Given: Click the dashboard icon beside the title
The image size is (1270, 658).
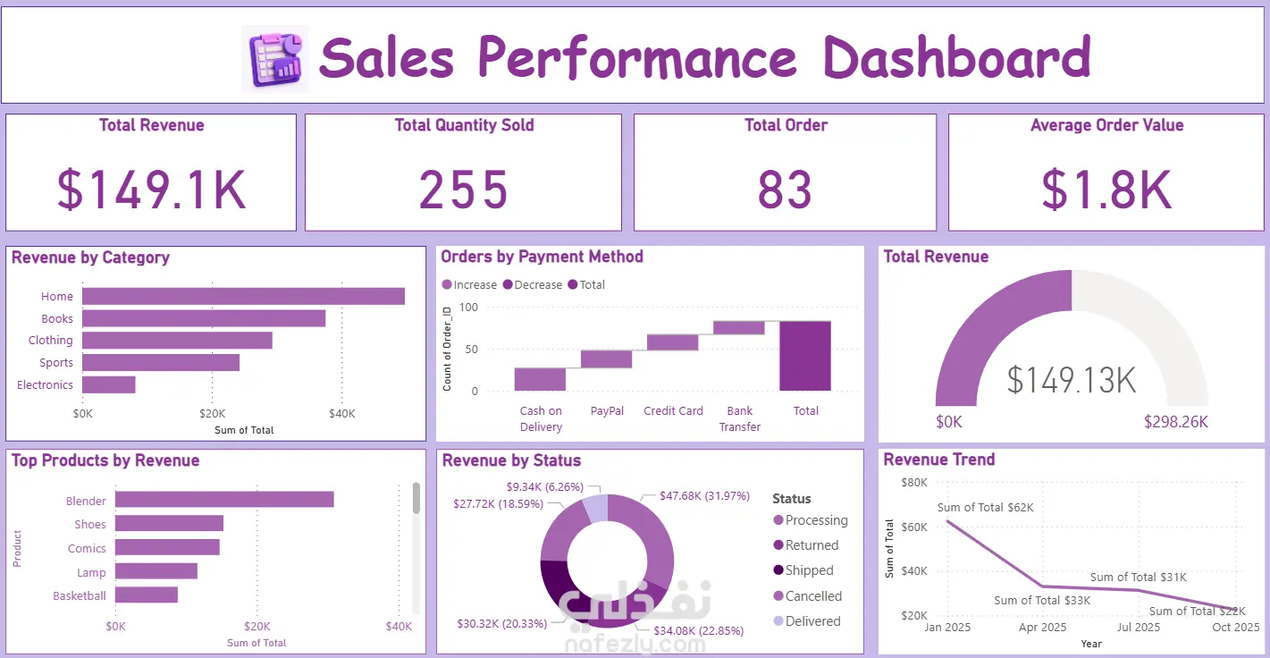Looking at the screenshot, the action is (x=275, y=58).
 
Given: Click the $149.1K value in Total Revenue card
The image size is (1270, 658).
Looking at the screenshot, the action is (x=151, y=190).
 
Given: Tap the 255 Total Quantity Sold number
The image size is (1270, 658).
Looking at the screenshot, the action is (x=463, y=190).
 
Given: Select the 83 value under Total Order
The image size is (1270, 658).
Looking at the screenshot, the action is (x=786, y=190).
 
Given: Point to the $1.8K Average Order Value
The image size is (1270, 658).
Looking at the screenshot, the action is (x=1106, y=190).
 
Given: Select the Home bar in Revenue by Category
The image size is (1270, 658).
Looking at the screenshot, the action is (x=243, y=296).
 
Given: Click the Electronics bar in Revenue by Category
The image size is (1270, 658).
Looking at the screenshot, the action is (x=109, y=384).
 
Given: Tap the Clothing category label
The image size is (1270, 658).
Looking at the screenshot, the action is (x=50, y=341).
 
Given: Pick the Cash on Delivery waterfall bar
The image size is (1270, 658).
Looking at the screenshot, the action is (x=540, y=379).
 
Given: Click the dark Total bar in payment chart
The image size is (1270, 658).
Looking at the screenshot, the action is (x=805, y=356).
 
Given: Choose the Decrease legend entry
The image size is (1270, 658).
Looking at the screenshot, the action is (x=533, y=285).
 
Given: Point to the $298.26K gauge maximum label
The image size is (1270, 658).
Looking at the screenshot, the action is (x=1176, y=422).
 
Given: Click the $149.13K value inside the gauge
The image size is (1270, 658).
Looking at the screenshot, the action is (x=1071, y=379).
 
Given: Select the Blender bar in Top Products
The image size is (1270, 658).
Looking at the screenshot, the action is (x=224, y=499).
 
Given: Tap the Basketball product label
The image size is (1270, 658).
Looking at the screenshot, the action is (x=80, y=595).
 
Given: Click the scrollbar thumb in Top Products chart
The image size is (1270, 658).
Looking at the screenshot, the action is (x=416, y=498).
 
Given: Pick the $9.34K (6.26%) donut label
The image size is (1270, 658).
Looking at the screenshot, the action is (x=545, y=486).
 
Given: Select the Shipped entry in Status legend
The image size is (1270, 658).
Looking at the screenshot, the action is (x=803, y=570).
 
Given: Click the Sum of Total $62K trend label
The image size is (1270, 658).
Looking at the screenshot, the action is (x=986, y=507).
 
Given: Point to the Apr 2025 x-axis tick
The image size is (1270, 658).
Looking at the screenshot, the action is (x=1042, y=628).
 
